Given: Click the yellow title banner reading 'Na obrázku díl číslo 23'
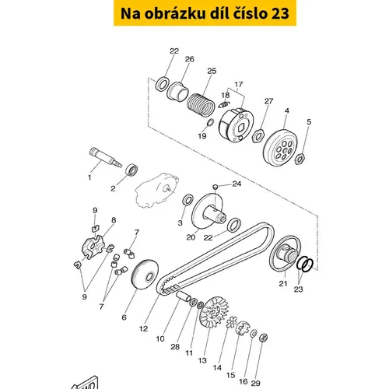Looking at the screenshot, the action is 205,13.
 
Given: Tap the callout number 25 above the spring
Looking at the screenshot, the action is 212,71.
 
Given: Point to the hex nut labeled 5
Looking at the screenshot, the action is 300,158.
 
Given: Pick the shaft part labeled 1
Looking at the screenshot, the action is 105,157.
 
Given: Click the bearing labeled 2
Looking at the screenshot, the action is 131,170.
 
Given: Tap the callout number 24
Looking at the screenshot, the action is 237,184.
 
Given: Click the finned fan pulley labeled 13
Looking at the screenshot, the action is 214,312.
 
